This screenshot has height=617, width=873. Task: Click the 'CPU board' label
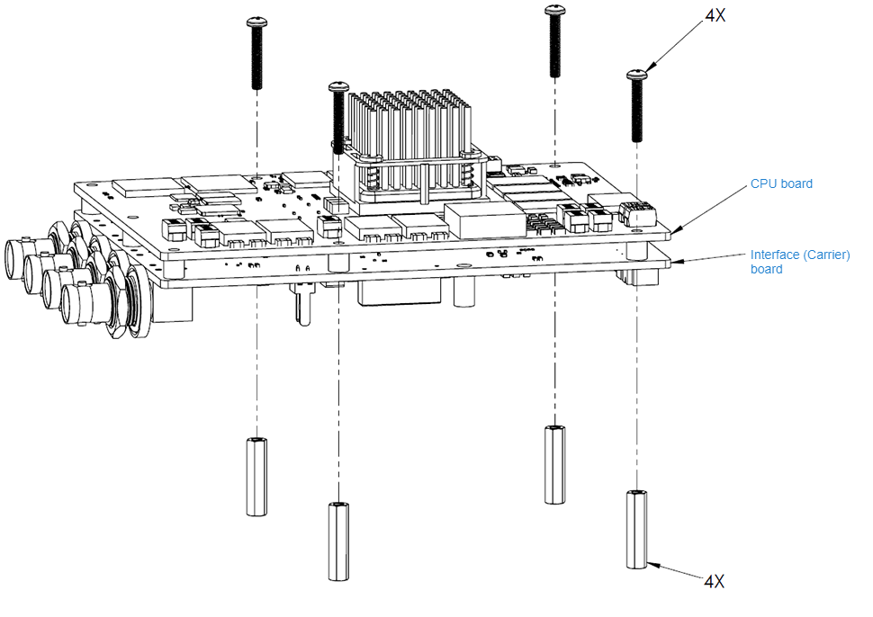(x=781, y=183)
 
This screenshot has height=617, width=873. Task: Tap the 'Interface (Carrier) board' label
(x=787, y=261)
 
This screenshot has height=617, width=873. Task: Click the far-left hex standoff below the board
(x=257, y=475)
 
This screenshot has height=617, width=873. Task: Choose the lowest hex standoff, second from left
(x=337, y=541)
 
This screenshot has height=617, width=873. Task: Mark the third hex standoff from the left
(x=554, y=464)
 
